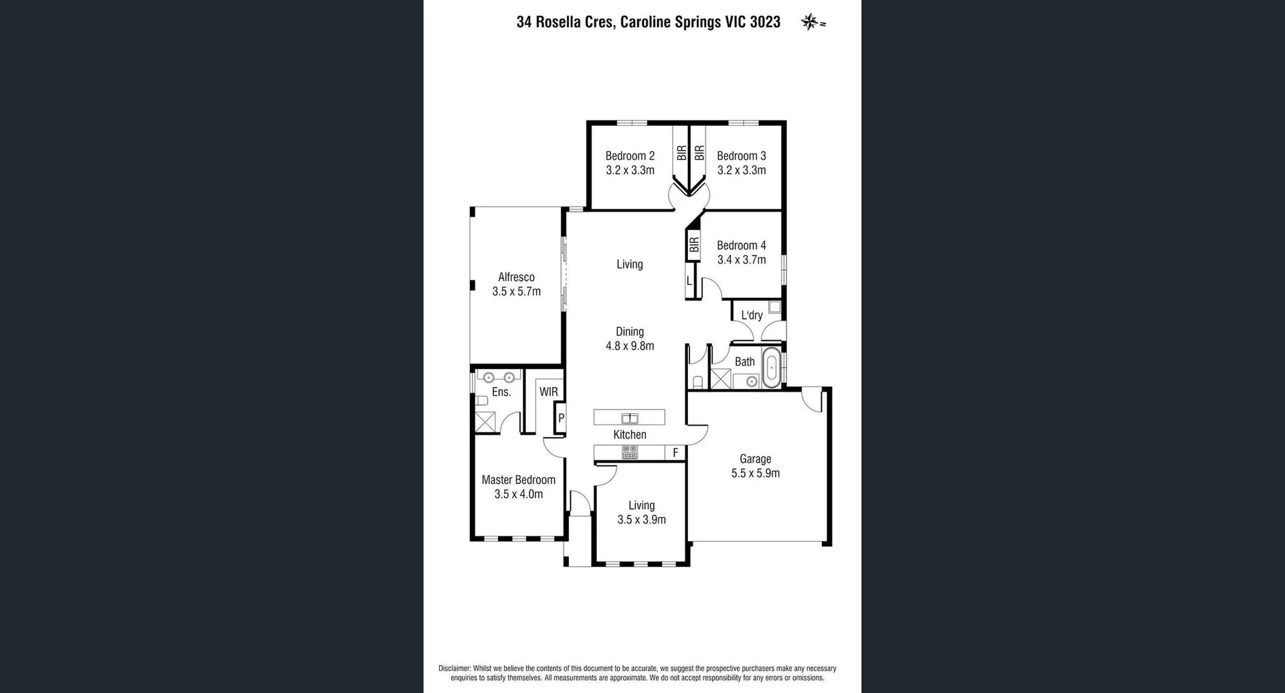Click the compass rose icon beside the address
pos(810,21)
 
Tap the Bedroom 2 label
pos(630,155)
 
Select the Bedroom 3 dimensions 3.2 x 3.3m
pos(742,170)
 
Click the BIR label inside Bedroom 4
pos(694,245)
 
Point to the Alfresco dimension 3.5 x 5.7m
pos(516,291)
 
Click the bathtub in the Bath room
pos(772,368)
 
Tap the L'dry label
pos(752,315)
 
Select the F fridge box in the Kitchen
pos(675,453)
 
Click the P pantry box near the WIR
pos(561,418)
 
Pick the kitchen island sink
pos(630,418)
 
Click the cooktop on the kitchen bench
pos(630,452)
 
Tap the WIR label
pos(549,392)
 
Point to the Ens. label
pos(501,392)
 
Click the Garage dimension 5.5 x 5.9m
pos(755,473)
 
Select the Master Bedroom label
pos(519,479)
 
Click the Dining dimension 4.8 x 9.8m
pos(630,346)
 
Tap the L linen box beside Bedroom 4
pos(689,281)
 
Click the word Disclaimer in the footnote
pos(454,668)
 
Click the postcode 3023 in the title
pos(765,22)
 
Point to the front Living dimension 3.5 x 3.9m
pos(641,520)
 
